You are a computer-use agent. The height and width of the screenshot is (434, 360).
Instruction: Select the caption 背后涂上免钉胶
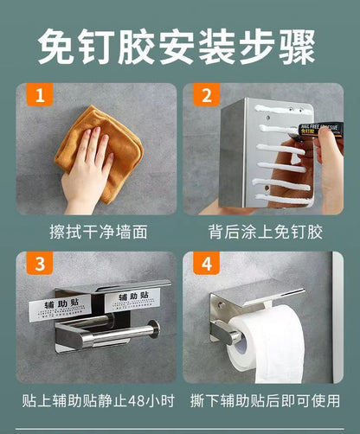coord(265,233)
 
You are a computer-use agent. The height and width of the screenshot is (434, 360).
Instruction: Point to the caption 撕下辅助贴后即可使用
coord(265,401)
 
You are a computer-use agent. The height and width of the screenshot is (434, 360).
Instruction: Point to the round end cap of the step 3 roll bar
coord(153,331)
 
